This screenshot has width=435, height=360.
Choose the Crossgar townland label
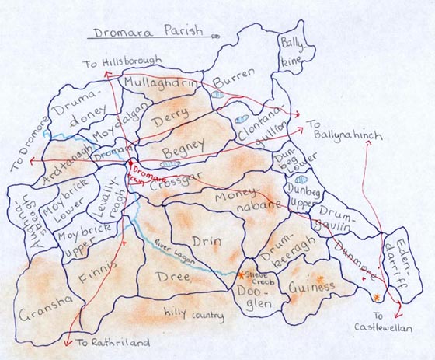(x=173, y=182)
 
